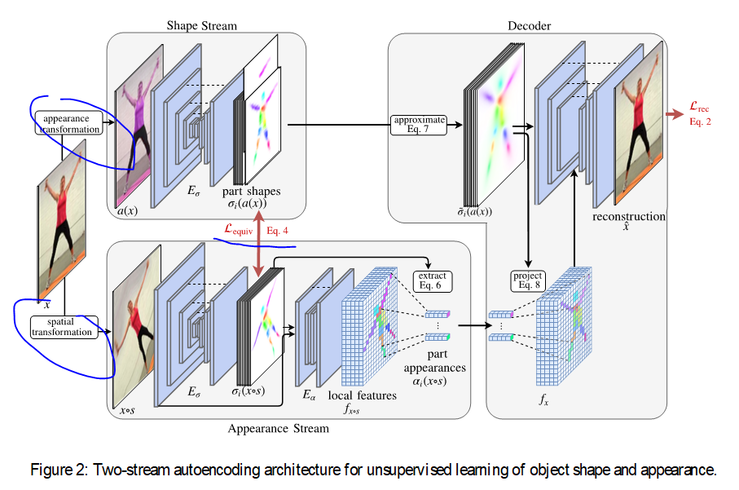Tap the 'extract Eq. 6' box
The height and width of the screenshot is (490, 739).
coord(433,281)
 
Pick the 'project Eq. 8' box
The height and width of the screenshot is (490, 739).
coord(529,280)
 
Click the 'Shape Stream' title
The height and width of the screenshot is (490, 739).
coord(201,25)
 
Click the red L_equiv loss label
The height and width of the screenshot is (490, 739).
coord(242,231)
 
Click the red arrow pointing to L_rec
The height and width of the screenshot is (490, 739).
coord(674,114)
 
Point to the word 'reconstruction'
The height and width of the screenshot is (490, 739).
coord(629,217)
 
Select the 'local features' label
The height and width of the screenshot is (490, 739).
coord(362,395)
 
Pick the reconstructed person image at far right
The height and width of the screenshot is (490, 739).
coord(641,122)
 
